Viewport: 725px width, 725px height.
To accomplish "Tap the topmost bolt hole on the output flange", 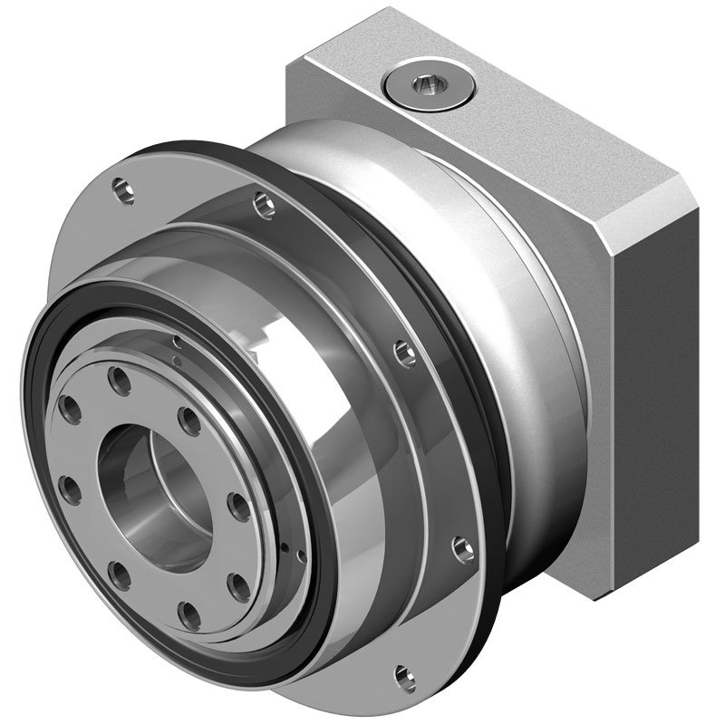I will point(119,377).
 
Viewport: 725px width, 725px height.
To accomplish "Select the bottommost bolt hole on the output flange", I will point(189,619).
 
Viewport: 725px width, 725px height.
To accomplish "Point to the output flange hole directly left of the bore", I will point(70,489).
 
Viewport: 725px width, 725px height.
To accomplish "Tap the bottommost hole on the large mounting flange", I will point(401,673).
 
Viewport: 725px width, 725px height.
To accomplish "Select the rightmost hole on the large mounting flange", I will point(463,547).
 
